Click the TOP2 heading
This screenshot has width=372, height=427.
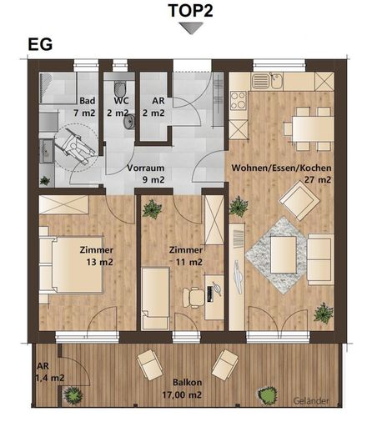point(191,11)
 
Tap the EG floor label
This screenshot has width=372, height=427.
point(40,44)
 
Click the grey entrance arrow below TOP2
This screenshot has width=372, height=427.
point(191,28)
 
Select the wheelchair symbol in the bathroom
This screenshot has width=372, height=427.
point(74,147)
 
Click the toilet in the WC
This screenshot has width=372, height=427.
point(120,88)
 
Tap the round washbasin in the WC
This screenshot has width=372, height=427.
point(129,122)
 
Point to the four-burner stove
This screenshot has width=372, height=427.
point(239,101)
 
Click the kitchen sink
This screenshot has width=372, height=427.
point(267,81)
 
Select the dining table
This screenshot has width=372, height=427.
point(314,129)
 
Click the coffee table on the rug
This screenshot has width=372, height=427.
point(284,254)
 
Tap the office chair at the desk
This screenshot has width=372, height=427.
point(193,298)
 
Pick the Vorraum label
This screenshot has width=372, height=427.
point(145,168)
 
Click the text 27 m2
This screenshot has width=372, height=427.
point(318,180)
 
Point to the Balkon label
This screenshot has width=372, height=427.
point(188,383)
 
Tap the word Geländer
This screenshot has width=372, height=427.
point(311,401)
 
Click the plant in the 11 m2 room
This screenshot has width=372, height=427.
point(152,208)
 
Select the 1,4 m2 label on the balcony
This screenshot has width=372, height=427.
point(50,378)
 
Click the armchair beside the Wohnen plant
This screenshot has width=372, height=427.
point(299,200)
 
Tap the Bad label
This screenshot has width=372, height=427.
point(88,101)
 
